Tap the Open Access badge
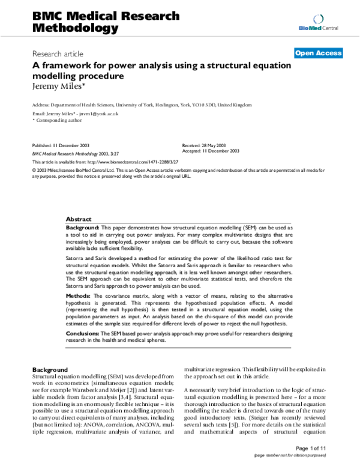point(318,53)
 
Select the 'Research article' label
point(58,54)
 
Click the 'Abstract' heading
point(79,220)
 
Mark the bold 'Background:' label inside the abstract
point(83,229)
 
